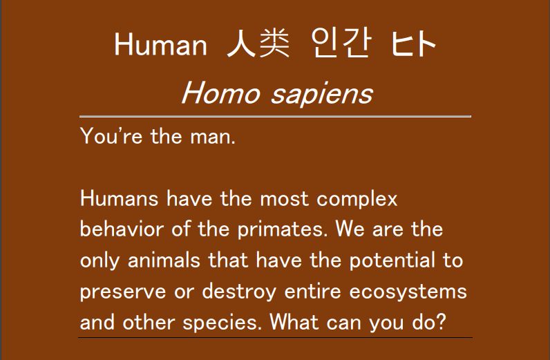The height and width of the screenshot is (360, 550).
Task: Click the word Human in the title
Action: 161,44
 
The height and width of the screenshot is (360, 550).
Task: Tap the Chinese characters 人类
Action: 258,43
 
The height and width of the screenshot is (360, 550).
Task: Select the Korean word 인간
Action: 341,43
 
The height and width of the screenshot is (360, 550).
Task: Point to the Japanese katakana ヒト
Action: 414,44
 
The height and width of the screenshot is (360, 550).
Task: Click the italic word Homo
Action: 220,93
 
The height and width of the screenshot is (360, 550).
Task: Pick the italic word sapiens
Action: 322,95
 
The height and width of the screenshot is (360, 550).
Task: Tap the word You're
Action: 111,135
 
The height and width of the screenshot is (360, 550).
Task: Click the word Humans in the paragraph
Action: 120,198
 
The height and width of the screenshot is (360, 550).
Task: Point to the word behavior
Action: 122,229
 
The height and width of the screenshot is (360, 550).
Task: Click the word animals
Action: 164,260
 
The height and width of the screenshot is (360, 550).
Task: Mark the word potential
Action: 392,261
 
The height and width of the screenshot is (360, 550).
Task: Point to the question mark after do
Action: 442,321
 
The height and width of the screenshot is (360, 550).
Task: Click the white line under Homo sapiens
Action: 276,116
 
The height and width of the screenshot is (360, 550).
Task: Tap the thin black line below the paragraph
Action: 276,338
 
